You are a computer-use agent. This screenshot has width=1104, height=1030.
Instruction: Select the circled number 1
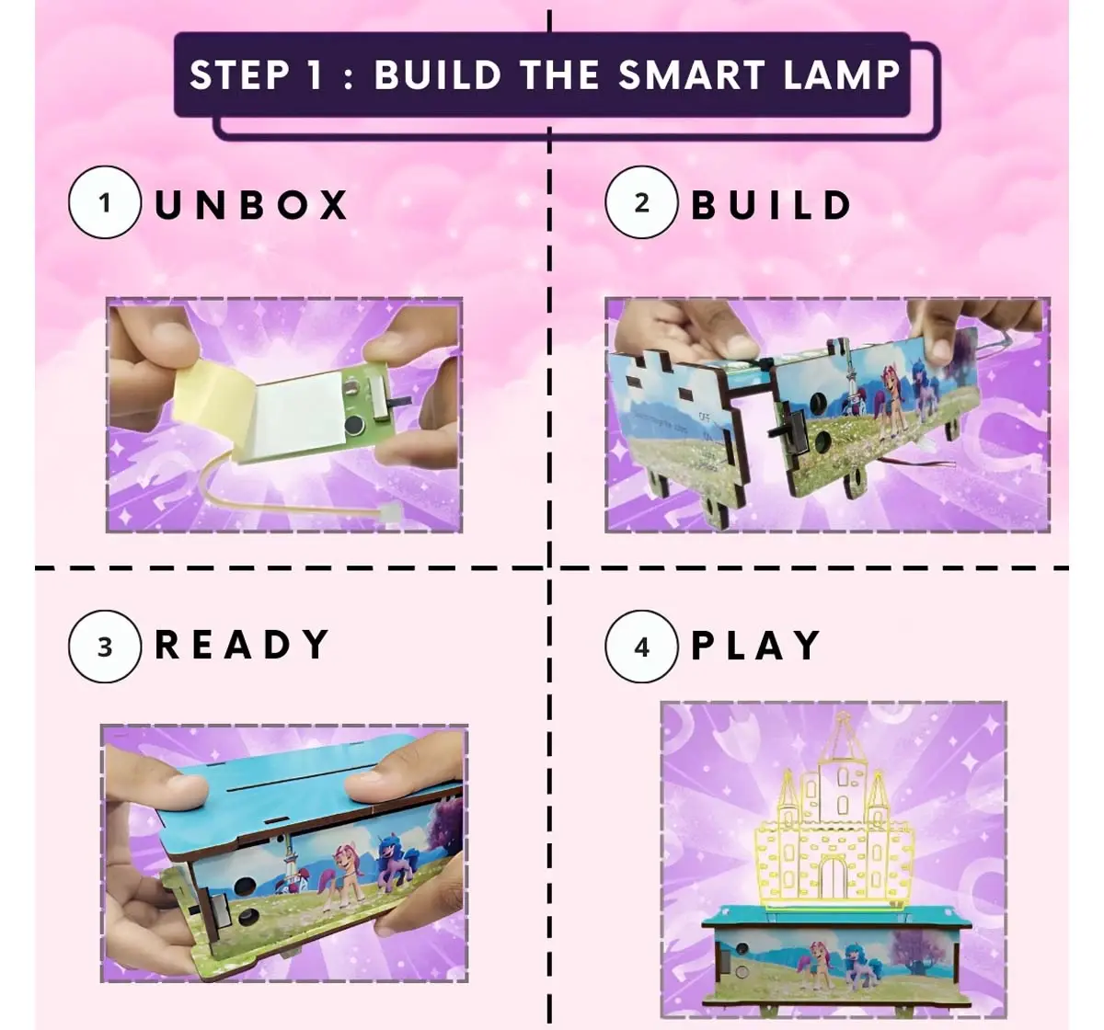click(104, 202)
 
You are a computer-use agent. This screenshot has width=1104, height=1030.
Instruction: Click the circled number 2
click(641, 202)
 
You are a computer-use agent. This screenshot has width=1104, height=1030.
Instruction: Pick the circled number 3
click(104, 646)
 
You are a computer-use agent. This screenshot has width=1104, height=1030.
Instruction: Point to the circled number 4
click(641, 646)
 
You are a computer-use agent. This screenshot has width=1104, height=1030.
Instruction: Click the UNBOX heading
click(251, 204)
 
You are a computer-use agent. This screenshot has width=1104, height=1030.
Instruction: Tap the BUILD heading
click(771, 204)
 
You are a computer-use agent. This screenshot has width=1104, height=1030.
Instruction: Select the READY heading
click(241, 646)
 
